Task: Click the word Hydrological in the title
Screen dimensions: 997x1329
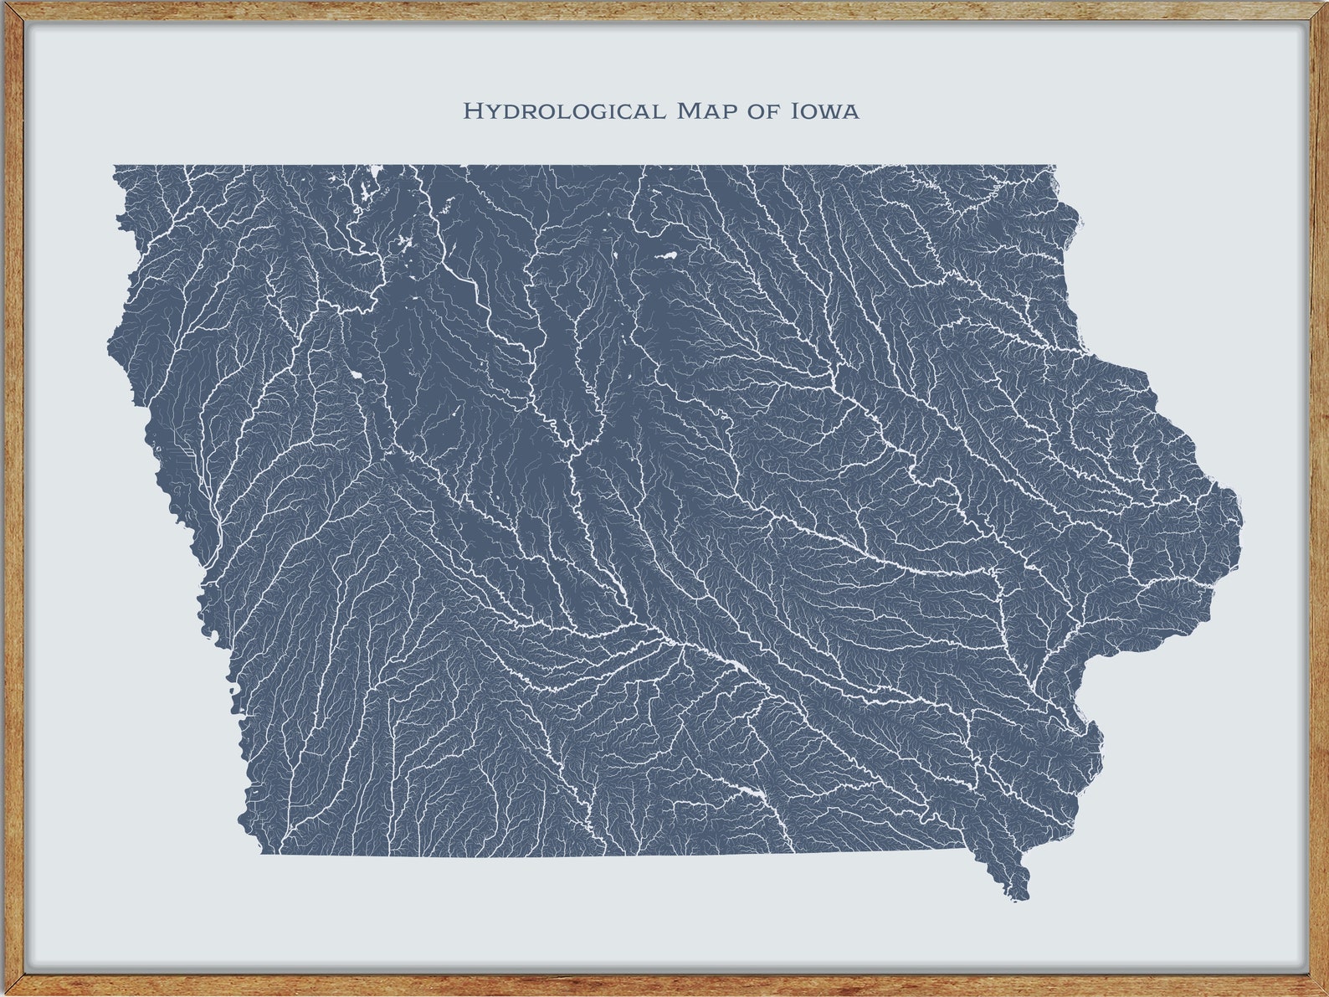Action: click(x=565, y=110)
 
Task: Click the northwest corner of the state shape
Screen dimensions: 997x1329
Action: click(x=115, y=167)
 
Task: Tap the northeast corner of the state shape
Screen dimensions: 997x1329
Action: click(x=1054, y=167)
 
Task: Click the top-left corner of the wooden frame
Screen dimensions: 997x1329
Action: click(x=3, y=3)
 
